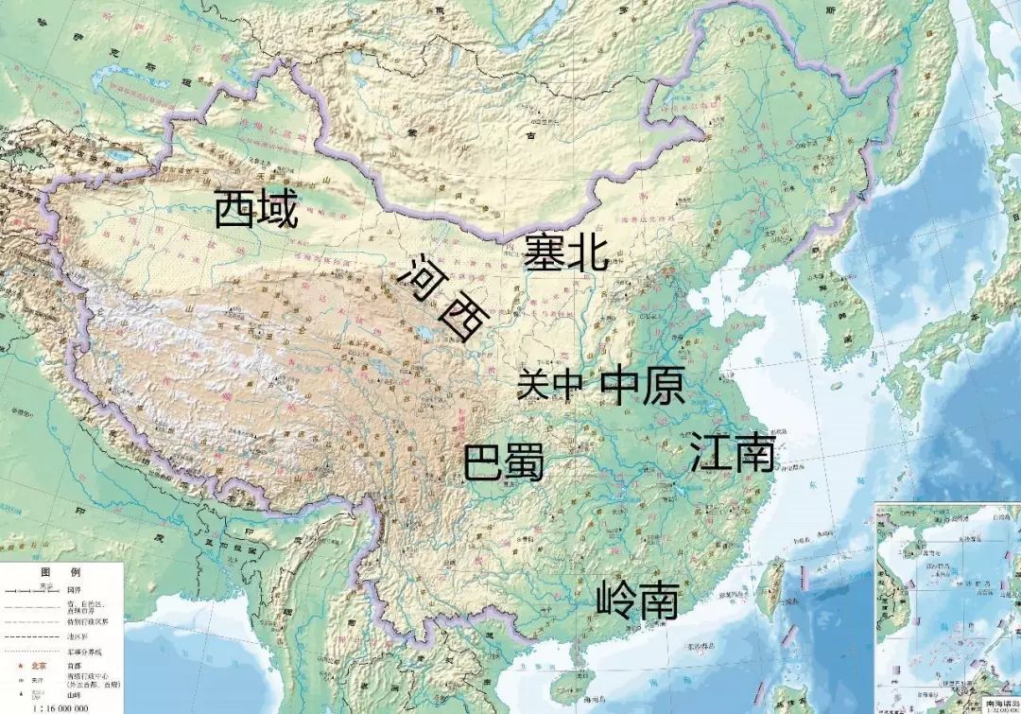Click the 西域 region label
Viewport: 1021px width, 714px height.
[x=256, y=209]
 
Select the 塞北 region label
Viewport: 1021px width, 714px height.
[x=565, y=252]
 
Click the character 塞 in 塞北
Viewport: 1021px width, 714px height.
[x=545, y=252]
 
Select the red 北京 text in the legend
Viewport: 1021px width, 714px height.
[x=38, y=665]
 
